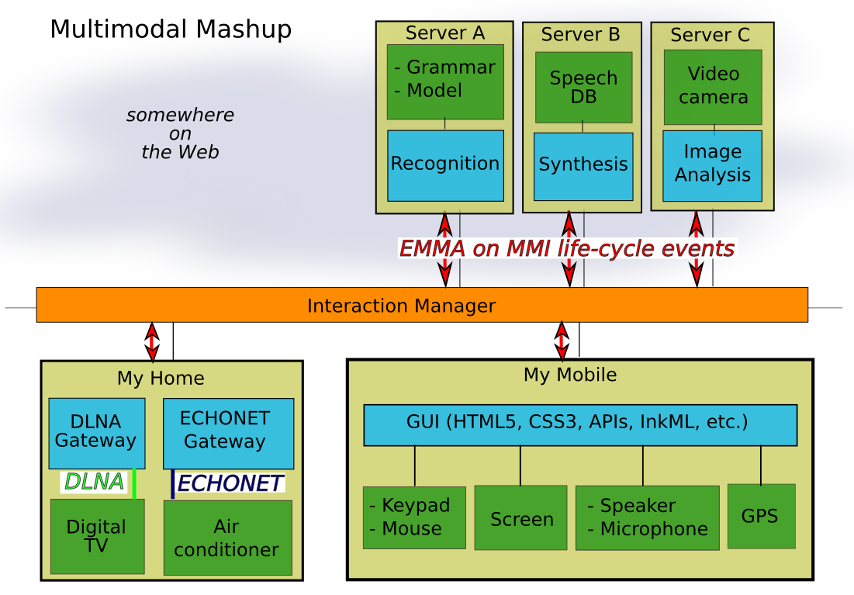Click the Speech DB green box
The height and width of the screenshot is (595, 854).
583,88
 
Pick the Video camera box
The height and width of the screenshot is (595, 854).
713,86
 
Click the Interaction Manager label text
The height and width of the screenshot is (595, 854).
401,306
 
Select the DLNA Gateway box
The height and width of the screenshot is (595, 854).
96,433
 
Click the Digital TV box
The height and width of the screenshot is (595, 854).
97,536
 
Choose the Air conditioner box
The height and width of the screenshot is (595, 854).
227,538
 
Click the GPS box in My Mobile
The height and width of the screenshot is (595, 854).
761,516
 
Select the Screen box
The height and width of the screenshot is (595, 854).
520,518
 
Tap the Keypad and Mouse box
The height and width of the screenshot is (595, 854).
414,517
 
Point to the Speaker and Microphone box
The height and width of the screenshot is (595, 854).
647,517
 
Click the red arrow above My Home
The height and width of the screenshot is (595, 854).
153,341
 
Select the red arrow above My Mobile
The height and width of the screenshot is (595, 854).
562,340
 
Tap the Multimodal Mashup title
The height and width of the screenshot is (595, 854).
171,29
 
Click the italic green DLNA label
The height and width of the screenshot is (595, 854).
94,482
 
